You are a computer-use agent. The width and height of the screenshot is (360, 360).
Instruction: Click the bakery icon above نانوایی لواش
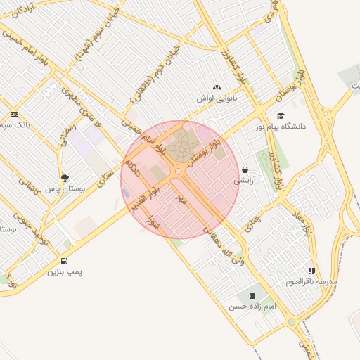[x=217, y=88]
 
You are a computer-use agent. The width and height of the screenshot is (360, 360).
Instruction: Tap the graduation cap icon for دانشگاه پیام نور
[x=281, y=116]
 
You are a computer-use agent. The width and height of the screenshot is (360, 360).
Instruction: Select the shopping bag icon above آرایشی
[x=245, y=169]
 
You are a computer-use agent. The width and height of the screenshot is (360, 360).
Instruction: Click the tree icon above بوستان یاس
[x=65, y=178]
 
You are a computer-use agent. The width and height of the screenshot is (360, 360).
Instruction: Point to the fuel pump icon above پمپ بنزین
[x=64, y=261]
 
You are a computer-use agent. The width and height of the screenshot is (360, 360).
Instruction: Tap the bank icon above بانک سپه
[x=14, y=115]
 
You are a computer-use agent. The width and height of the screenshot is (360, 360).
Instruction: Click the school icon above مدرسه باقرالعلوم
[x=311, y=271]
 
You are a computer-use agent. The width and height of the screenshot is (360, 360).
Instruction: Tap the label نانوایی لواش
[x=215, y=98]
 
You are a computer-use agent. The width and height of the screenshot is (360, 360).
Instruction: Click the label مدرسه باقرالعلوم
[x=311, y=281]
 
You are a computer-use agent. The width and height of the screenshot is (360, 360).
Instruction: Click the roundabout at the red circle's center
[x=179, y=171]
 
